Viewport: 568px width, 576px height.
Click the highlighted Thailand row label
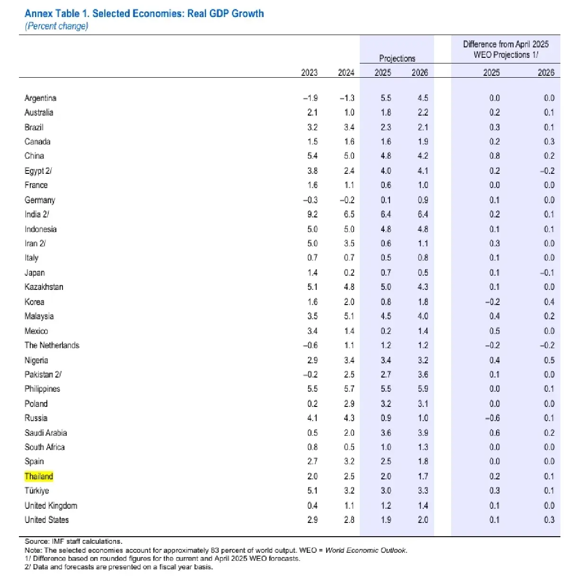[39, 476]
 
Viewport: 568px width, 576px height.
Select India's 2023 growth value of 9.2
[312, 214]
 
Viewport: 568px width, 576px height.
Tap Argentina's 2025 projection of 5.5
[386, 98]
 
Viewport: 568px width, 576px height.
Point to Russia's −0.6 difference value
[493, 418]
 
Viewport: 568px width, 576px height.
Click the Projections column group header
[397, 58]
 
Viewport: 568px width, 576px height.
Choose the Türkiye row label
[37, 491]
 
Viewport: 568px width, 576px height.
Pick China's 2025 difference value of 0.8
[495, 156]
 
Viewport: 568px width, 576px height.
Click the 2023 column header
[310, 72]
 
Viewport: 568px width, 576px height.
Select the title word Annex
[38, 13]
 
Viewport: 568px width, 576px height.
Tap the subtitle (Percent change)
[56, 26]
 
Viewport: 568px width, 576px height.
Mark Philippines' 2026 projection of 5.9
[423, 389]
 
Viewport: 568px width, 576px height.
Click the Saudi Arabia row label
[46, 433]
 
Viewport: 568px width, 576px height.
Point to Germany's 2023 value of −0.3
[311, 200]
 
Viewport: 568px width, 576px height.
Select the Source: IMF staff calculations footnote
[73, 541]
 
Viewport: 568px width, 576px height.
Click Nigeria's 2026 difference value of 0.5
[549, 360]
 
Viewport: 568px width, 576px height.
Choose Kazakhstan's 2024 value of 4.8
[349, 287]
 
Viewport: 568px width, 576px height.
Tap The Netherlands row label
[52, 345]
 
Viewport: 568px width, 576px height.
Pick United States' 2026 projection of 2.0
[423, 520]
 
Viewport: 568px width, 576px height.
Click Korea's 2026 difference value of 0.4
[549, 302]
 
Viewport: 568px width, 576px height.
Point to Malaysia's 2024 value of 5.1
[349, 316]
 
